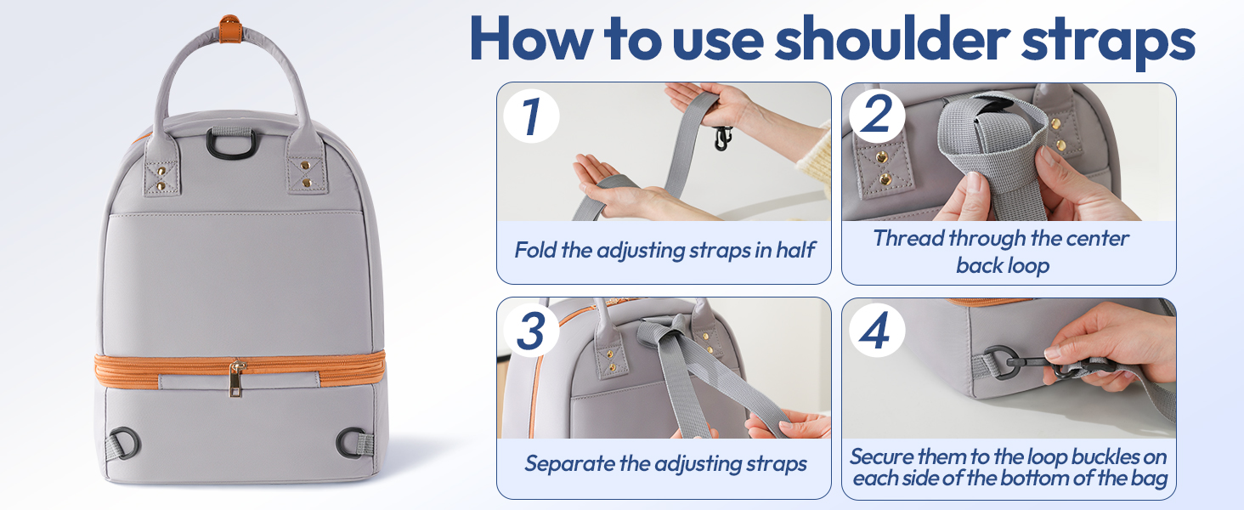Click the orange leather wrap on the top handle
point(229,29)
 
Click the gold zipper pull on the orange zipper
point(237,377)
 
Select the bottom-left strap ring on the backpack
point(127,443)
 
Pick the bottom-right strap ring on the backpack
point(351,442)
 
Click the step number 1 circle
point(531,116)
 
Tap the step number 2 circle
point(877,115)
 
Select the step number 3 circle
point(531,330)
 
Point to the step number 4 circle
point(877,330)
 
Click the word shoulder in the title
point(892,39)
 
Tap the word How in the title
point(532,39)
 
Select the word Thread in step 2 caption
point(908,238)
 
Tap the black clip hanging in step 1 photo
point(721,139)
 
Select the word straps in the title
point(1107,41)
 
